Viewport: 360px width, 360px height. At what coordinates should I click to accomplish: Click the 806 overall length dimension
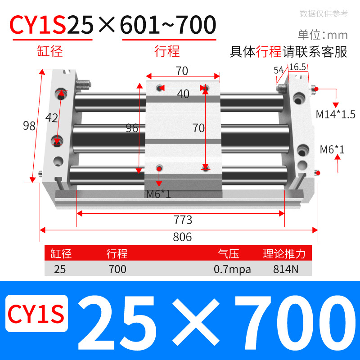pyautogui.click(x=182, y=237)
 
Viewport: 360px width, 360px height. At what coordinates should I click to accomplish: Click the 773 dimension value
pyautogui.click(x=183, y=220)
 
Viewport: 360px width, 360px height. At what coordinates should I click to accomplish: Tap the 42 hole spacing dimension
pyautogui.click(x=52, y=118)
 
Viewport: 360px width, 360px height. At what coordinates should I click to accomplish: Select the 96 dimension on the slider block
pyautogui.click(x=132, y=129)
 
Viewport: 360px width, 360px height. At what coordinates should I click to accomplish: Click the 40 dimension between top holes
pyautogui.click(x=183, y=94)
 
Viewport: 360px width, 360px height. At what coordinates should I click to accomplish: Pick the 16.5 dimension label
pyautogui.click(x=297, y=67)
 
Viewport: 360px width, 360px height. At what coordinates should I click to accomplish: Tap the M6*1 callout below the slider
pyautogui.click(x=158, y=194)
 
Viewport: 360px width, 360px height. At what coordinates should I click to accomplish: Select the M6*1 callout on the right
pyautogui.click(x=332, y=149)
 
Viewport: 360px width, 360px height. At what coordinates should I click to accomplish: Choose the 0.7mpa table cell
pyautogui.click(x=232, y=270)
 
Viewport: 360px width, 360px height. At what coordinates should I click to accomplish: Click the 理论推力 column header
pyautogui.click(x=284, y=254)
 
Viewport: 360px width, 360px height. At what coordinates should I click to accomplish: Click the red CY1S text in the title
pyautogui.click(x=38, y=26)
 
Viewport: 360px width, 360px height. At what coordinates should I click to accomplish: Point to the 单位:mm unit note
pyautogui.click(x=323, y=35)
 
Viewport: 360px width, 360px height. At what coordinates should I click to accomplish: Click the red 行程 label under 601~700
pyautogui.click(x=167, y=51)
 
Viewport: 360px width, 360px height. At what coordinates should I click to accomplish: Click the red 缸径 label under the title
pyautogui.click(x=50, y=51)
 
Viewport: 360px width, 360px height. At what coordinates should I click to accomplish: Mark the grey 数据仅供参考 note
pyautogui.click(x=324, y=13)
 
